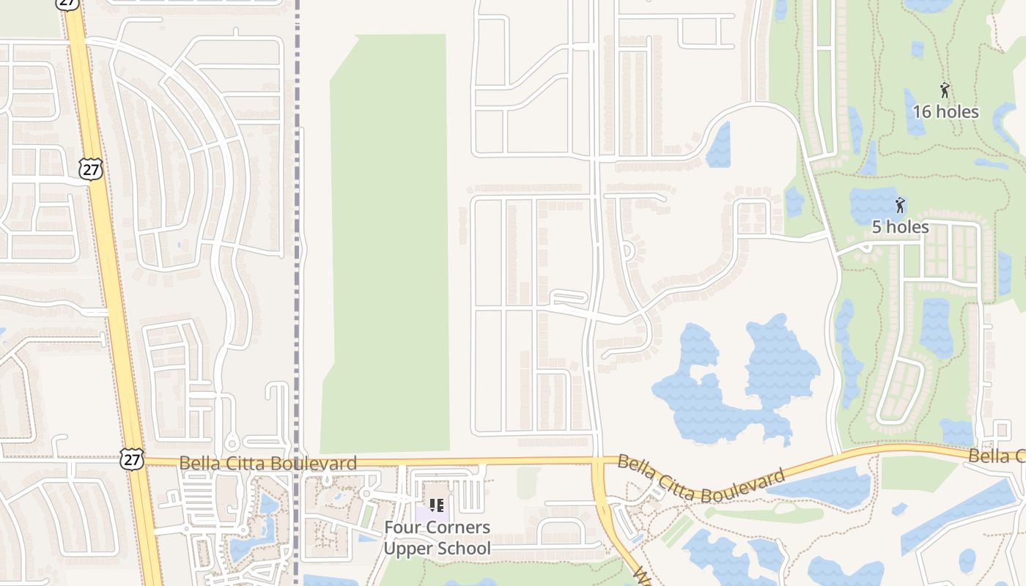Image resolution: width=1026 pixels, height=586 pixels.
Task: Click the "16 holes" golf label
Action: coord(945,112)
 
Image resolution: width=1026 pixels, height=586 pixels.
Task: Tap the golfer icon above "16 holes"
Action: coord(945,91)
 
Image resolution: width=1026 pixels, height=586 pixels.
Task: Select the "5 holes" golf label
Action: coord(900,227)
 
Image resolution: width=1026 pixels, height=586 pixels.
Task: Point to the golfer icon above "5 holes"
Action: coord(900,205)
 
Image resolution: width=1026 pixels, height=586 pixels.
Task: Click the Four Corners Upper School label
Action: coord(438,538)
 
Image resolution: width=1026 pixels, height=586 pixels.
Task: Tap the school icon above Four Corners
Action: coord(437,505)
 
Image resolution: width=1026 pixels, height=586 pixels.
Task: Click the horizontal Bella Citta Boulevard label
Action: coord(267,463)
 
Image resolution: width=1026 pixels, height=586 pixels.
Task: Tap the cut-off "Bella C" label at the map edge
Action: coord(997,457)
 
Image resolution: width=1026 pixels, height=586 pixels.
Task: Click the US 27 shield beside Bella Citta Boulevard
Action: coord(132,460)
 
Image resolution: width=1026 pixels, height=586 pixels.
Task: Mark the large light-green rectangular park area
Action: coord(388,242)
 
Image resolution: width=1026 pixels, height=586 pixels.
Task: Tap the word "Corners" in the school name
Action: coord(460,527)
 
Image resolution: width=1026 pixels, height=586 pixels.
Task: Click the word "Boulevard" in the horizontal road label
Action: coord(322,463)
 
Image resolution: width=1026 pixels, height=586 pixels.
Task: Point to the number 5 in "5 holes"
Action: coord(876,227)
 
